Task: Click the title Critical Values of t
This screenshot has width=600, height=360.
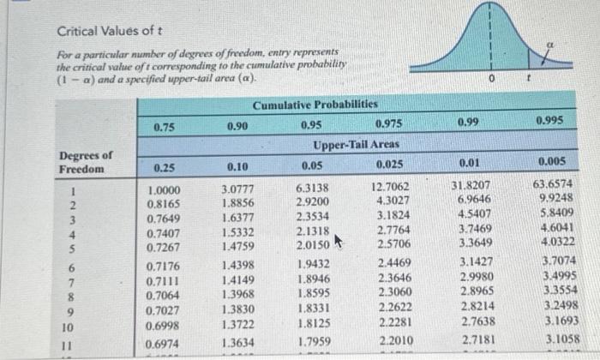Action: click(x=110, y=33)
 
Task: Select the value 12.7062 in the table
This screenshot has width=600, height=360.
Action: click(x=390, y=187)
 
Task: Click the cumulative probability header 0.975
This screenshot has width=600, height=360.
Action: click(x=390, y=123)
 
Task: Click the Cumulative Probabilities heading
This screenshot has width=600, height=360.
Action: click(x=315, y=105)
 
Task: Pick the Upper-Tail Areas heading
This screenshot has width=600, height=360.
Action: click(x=354, y=144)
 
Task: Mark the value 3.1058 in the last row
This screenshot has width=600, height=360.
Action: click(x=560, y=339)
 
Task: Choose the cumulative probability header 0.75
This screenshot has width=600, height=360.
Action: click(x=165, y=127)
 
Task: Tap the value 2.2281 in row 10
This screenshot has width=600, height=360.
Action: click(x=390, y=322)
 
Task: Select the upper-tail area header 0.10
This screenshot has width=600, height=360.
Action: click(x=237, y=164)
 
